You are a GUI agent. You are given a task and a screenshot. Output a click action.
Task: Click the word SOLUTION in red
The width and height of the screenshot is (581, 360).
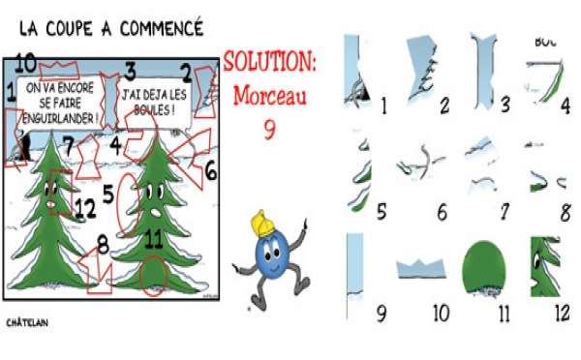click(270, 62)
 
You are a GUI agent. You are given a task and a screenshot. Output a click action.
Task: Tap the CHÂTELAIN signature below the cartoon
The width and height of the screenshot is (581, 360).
click(27, 321)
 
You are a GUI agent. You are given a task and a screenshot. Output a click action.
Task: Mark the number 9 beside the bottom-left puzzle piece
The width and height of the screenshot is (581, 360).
click(381, 314)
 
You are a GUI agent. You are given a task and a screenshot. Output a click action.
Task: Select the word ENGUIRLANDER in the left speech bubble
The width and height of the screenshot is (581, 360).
click(63, 118)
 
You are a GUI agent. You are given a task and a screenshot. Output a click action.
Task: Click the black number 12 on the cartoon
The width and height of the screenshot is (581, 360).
click(85, 206)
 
